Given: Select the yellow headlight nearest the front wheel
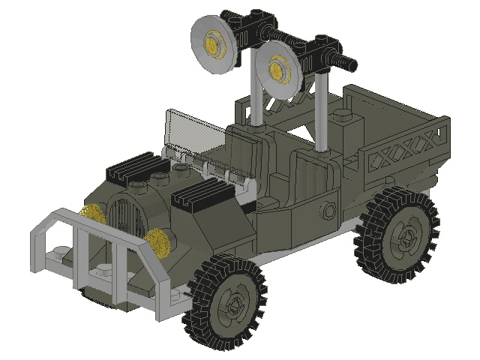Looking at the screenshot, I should click(x=157, y=244).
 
